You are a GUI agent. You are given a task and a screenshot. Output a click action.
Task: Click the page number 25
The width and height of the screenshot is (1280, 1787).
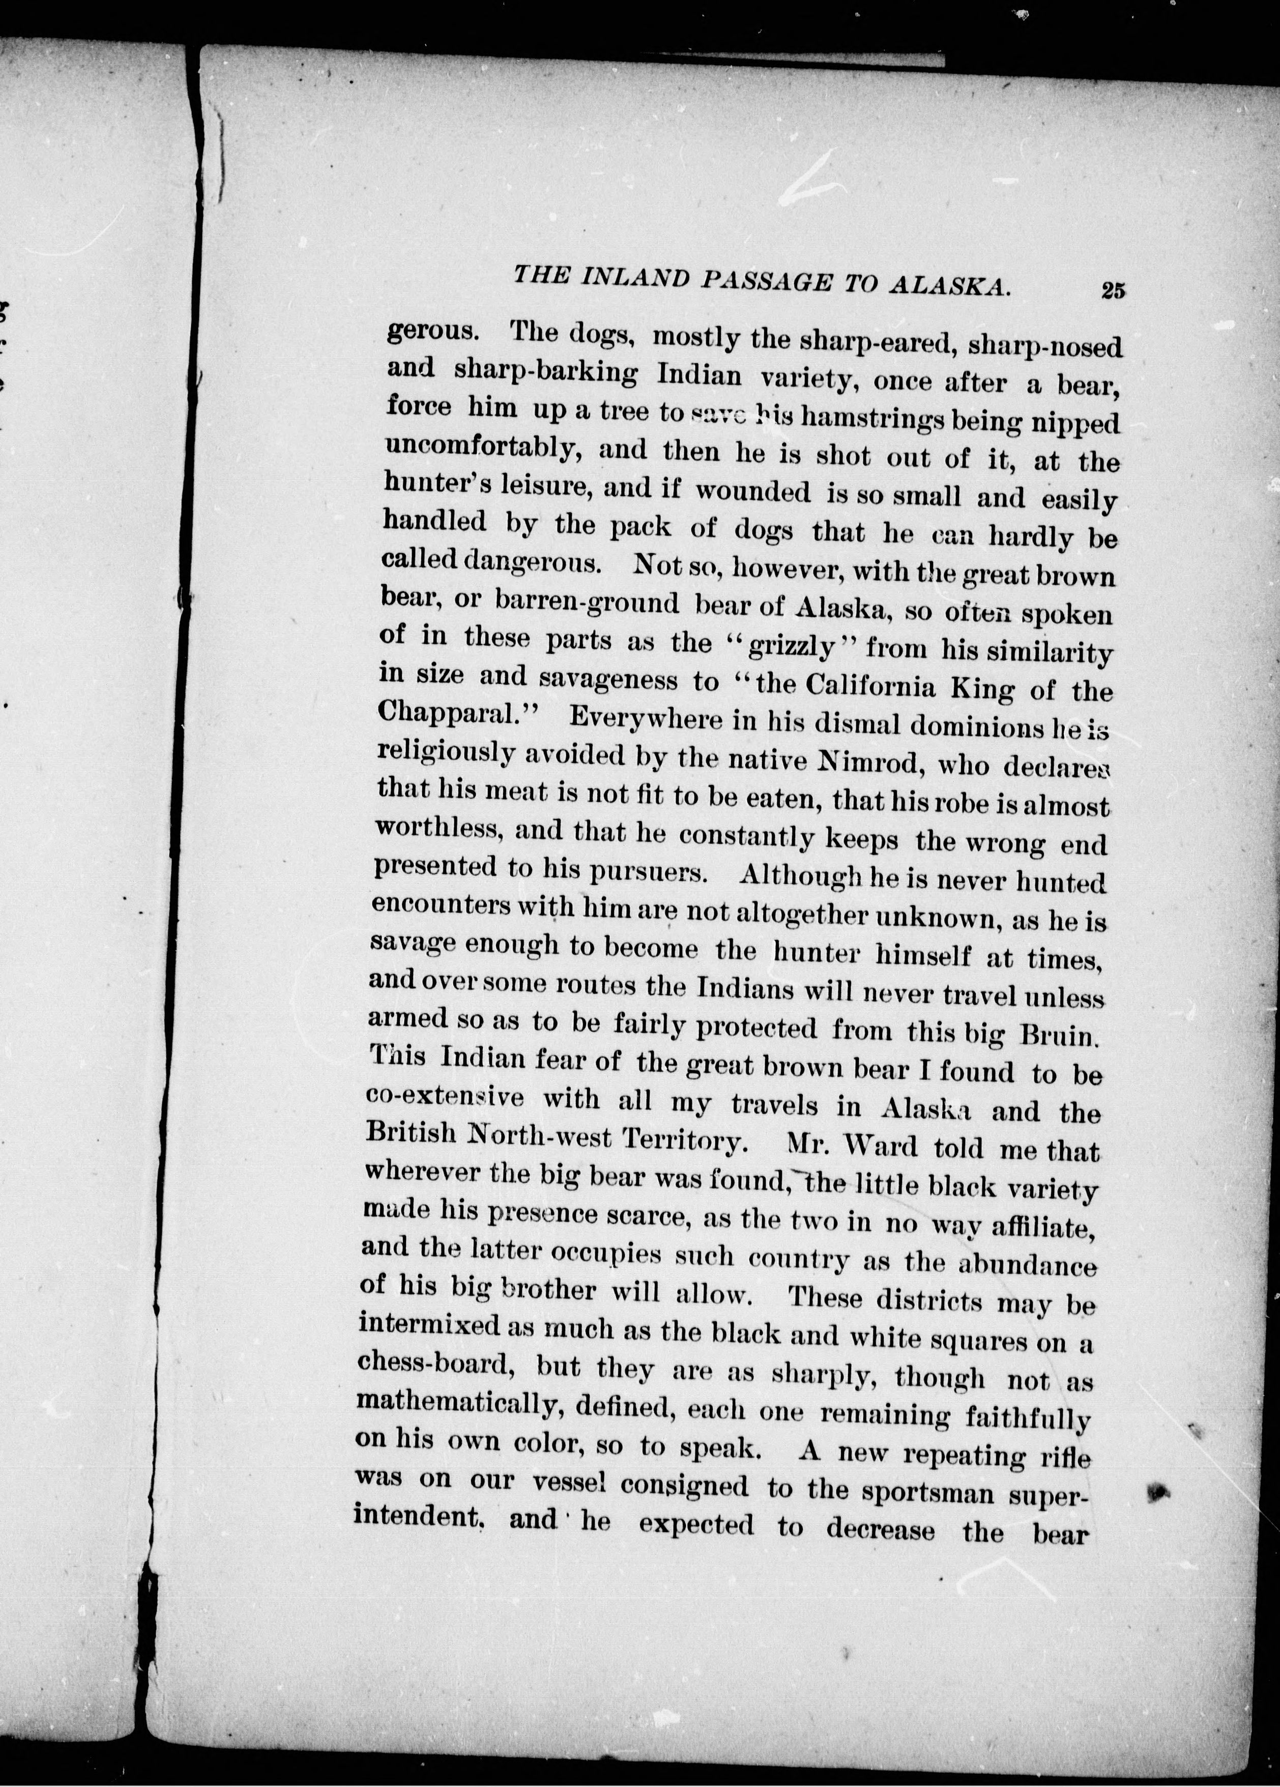1113,290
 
